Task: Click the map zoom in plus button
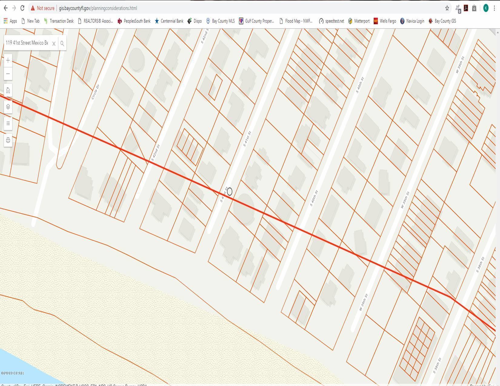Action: click(x=8, y=60)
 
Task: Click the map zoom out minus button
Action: click(x=8, y=74)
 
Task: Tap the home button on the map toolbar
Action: click(x=8, y=90)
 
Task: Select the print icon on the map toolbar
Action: click(x=8, y=140)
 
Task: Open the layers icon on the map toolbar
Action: click(x=8, y=107)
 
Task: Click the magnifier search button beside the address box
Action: click(x=62, y=43)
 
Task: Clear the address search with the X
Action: click(x=54, y=43)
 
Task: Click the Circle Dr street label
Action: click(x=95, y=92)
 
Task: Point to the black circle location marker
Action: click(x=230, y=191)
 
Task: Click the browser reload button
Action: click(x=22, y=8)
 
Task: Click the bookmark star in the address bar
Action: click(x=447, y=8)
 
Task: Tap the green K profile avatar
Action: click(x=486, y=8)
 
